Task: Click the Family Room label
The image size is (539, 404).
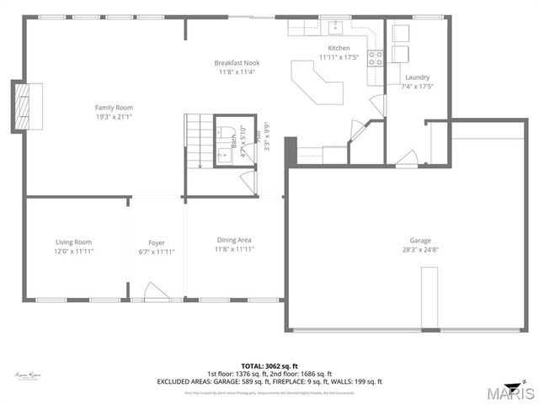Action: (114, 107)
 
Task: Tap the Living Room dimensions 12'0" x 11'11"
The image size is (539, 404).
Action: (74, 251)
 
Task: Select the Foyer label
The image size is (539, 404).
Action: (157, 242)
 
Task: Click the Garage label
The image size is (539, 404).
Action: (420, 240)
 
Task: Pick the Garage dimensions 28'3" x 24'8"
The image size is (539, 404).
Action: (420, 249)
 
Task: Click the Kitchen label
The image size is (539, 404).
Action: (339, 48)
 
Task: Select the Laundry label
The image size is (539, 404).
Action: (417, 77)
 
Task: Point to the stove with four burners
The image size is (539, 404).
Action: (375, 58)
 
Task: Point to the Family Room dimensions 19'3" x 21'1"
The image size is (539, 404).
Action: (114, 117)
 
